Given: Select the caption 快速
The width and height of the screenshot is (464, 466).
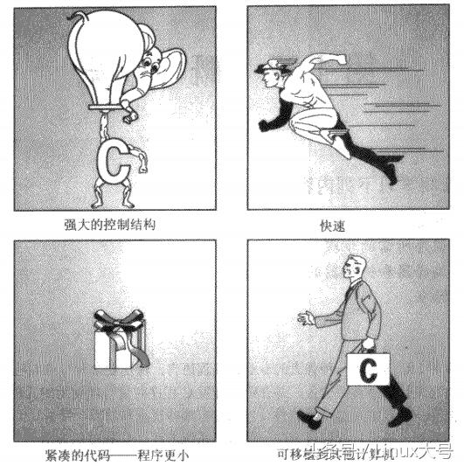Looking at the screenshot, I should [334, 225].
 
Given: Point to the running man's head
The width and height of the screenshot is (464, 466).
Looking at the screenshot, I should [274, 69].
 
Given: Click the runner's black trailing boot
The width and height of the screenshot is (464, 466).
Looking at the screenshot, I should [388, 166].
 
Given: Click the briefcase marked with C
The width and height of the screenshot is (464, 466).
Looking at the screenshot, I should [368, 370].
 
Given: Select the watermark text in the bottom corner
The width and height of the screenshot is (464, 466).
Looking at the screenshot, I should [398, 453].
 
